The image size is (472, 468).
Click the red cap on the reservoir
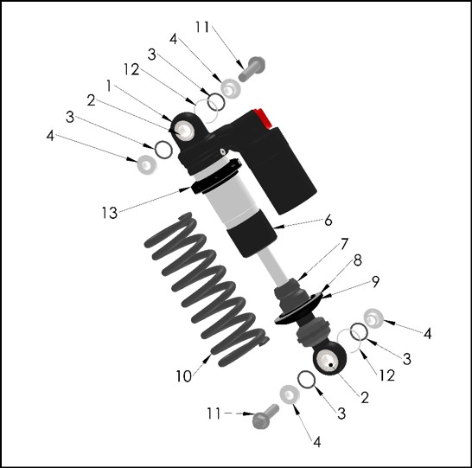click(263, 118)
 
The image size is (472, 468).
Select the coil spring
click(206, 289)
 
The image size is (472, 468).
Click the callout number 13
click(109, 213)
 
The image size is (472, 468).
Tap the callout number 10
click(183, 376)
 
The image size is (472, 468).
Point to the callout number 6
click(328, 220)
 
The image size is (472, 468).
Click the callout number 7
click(344, 244)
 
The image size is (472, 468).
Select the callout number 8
click(358, 260)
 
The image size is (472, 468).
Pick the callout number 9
click(375, 282)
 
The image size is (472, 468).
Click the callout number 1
click(109, 87)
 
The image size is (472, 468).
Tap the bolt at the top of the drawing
click(252, 68)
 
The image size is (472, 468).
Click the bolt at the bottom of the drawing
click(265, 416)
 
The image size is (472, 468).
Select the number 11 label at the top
click(202, 27)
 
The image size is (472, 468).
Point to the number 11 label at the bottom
click(214, 414)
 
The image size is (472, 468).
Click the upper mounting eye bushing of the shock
click(184, 131)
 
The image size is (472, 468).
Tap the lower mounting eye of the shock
click(329, 358)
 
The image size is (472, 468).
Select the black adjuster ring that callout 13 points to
click(214, 177)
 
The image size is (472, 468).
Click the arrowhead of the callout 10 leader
click(208, 357)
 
